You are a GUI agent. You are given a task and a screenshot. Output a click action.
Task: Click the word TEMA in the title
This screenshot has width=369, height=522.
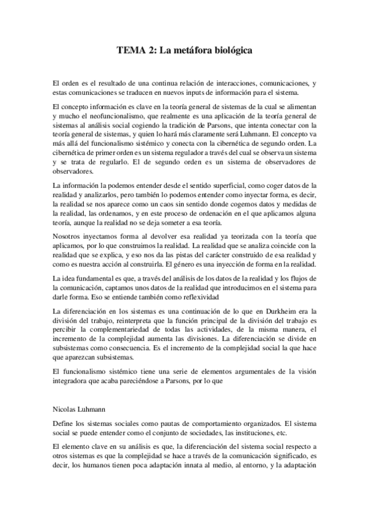point(130,52)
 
